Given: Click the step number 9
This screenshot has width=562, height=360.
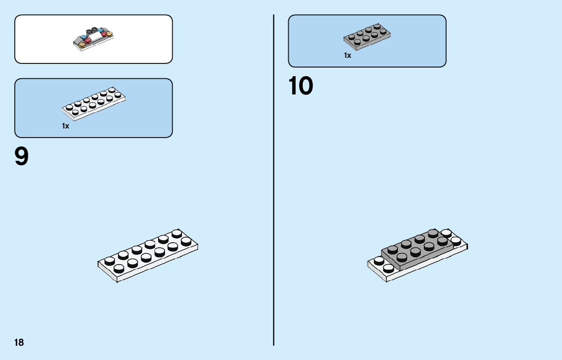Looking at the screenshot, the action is tap(22, 156).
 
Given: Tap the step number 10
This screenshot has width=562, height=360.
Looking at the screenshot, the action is tap(301, 86).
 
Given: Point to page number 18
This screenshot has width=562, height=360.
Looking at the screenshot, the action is tap(19, 343).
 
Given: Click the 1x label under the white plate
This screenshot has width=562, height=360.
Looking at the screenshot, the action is tap(66, 126).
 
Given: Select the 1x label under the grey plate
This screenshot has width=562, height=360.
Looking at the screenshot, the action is tap(348, 55).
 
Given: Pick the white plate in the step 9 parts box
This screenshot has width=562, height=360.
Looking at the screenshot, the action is tap(94, 104).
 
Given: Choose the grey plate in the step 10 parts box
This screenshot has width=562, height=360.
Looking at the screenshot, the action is tap(367, 37).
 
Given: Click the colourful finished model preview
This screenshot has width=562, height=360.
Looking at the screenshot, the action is tap(93, 39).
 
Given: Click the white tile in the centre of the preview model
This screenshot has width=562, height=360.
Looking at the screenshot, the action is tap(96, 37).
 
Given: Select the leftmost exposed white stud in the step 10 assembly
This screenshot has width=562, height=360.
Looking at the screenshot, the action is tap(379, 260).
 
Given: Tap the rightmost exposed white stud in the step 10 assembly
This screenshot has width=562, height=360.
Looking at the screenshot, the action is tap(455, 240).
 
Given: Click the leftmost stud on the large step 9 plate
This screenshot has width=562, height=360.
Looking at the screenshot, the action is tap(109, 260).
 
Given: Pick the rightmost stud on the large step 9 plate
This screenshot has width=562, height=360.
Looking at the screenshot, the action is tap(186, 241).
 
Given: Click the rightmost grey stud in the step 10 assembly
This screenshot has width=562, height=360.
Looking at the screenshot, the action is tap(442, 240).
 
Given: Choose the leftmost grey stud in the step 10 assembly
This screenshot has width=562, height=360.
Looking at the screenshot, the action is tap(392, 249).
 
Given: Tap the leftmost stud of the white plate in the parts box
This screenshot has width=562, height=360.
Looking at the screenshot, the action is tap(69, 107).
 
